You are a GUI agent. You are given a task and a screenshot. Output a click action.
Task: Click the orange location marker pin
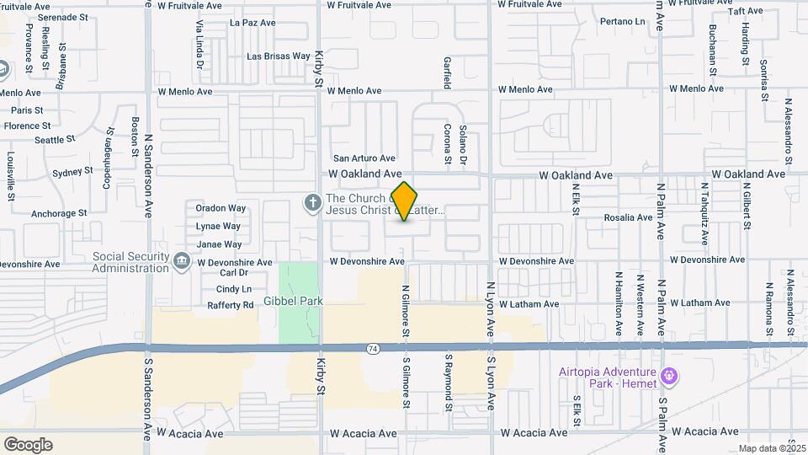(x=405, y=201)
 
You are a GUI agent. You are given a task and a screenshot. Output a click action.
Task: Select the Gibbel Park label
(x=294, y=301)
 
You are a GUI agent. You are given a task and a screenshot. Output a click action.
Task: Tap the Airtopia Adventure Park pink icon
(x=669, y=373)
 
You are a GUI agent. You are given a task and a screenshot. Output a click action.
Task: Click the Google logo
(x=28, y=444)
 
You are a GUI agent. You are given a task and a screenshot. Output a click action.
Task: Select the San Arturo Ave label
(x=364, y=158)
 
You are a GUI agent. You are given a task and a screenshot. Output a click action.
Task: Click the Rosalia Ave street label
(x=628, y=217)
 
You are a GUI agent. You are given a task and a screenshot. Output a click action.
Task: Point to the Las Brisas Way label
(x=278, y=56)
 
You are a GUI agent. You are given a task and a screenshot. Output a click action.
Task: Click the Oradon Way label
(x=221, y=208)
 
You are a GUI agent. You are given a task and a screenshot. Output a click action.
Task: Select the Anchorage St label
(x=59, y=214)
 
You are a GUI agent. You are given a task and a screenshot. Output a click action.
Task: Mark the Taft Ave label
(x=746, y=12)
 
